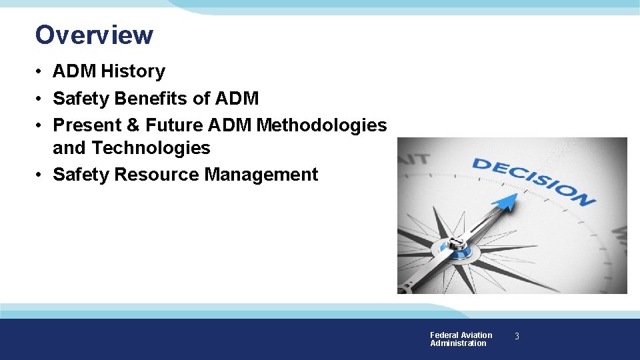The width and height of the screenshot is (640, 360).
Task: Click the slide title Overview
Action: point(94,35)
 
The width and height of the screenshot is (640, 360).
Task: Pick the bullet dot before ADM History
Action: point(41,72)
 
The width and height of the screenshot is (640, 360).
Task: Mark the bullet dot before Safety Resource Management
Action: point(41,175)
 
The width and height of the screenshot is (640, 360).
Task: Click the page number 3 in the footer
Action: point(516,337)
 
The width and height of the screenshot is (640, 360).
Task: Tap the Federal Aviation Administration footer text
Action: point(461,339)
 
